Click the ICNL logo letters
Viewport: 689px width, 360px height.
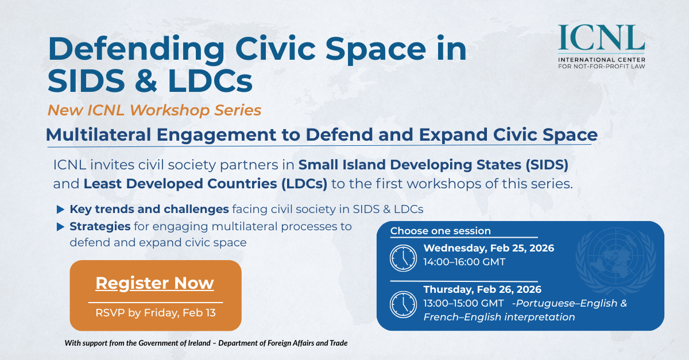601,37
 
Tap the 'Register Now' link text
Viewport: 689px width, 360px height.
154,283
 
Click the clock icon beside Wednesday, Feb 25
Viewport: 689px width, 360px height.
403,258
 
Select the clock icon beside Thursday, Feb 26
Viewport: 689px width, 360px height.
403,304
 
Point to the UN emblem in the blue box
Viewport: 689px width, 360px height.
616,261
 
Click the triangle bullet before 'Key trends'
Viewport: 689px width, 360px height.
61,210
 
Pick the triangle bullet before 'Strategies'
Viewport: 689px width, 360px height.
61,227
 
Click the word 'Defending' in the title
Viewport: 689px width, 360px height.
137,49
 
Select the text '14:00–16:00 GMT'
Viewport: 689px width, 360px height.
464,262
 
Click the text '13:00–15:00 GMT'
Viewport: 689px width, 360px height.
463,303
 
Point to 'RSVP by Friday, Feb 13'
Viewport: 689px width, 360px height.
156,313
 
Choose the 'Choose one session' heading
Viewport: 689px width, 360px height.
440,231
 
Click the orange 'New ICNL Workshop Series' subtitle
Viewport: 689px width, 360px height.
154,110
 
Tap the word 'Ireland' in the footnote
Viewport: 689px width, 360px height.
199,343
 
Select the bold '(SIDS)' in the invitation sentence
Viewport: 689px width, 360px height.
547,165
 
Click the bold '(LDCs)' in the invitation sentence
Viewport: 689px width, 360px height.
304,184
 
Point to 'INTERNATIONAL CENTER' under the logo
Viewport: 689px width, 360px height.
602,60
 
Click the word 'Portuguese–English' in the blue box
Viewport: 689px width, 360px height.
567,303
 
